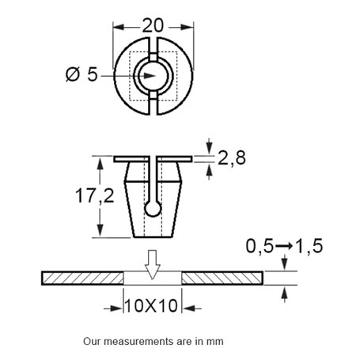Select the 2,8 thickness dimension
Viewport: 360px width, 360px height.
pos(229,158)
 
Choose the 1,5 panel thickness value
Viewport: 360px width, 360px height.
pos(310,248)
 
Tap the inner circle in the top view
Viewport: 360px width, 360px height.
pos(153,77)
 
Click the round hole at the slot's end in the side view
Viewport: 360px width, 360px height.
pos(153,207)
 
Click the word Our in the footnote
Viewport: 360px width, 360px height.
pos(92,343)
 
